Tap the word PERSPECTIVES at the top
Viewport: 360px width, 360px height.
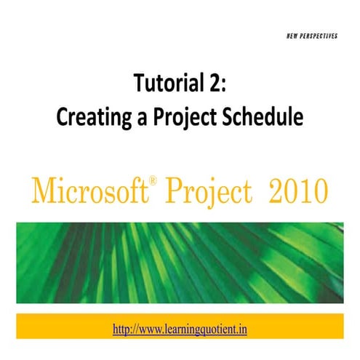(x=317, y=36)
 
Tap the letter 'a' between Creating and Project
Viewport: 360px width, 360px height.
(x=137, y=119)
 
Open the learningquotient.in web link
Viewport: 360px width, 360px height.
(x=180, y=329)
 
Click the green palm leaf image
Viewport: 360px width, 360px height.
(x=180, y=262)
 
